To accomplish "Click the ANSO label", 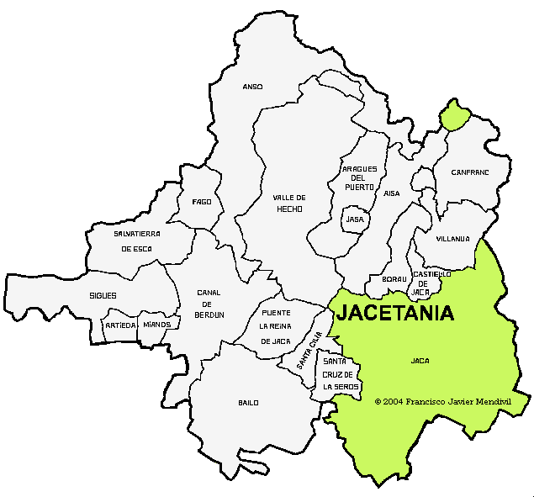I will (x=252, y=87).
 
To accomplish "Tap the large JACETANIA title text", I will (x=395, y=314).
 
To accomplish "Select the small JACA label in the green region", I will (x=420, y=360).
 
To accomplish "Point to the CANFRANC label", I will (x=469, y=172).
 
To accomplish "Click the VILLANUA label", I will (x=453, y=239).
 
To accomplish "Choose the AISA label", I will (x=392, y=193).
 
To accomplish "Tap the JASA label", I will (x=355, y=219).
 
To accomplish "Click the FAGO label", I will (x=202, y=202).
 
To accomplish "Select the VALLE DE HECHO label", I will (x=288, y=203).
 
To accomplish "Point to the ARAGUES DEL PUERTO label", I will (x=358, y=177).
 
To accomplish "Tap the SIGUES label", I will (x=103, y=296).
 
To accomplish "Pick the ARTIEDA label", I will (x=120, y=325).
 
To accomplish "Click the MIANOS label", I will (x=157, y=325).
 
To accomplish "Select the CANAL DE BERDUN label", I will (x=209, y=303).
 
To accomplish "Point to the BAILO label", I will (x=248, y=403).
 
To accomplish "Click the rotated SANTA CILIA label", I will (x=309, y=351).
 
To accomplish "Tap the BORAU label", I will (x=394, y=278).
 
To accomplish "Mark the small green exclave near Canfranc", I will (x=455, y=115).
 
